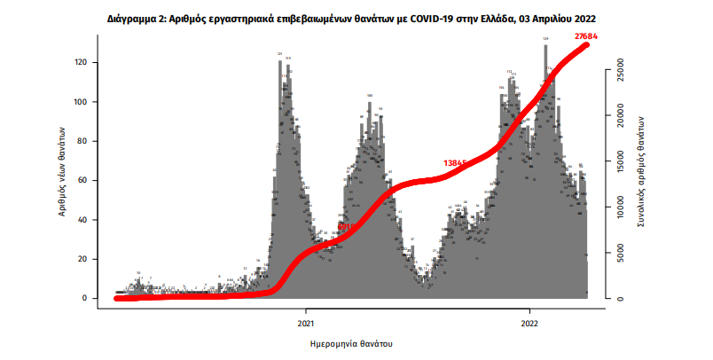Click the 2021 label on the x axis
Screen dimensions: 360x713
click(306, 323)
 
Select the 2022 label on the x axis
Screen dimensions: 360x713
click(530, 323)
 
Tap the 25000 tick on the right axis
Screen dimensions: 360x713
click(622, 64)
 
